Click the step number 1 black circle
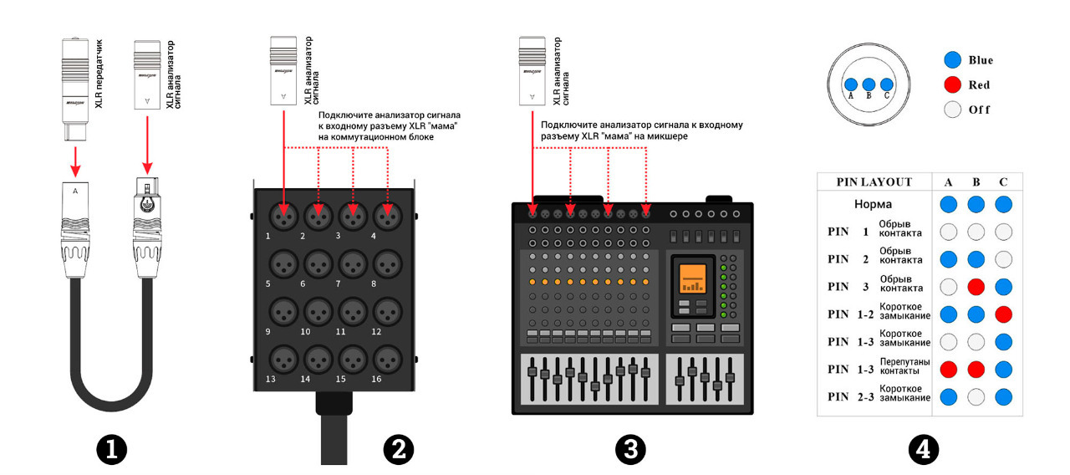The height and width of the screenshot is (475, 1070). point(111,450)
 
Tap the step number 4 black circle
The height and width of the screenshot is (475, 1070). point(923,450)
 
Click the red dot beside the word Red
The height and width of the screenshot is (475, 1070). point(950,84)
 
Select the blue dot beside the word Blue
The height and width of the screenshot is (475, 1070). point(950,60)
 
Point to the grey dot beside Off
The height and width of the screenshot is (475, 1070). point(950,110)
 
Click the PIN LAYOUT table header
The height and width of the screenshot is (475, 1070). point(874,181)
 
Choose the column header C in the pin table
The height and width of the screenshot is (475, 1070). point(1002,181)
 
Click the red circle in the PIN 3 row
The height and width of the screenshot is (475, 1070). point(976,286)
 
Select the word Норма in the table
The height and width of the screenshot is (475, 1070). point(873,204)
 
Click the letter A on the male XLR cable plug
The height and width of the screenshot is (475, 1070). point(76,191)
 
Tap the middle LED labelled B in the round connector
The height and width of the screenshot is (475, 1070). point(868,84)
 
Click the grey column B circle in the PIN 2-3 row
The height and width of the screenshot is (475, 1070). point(976,397)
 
